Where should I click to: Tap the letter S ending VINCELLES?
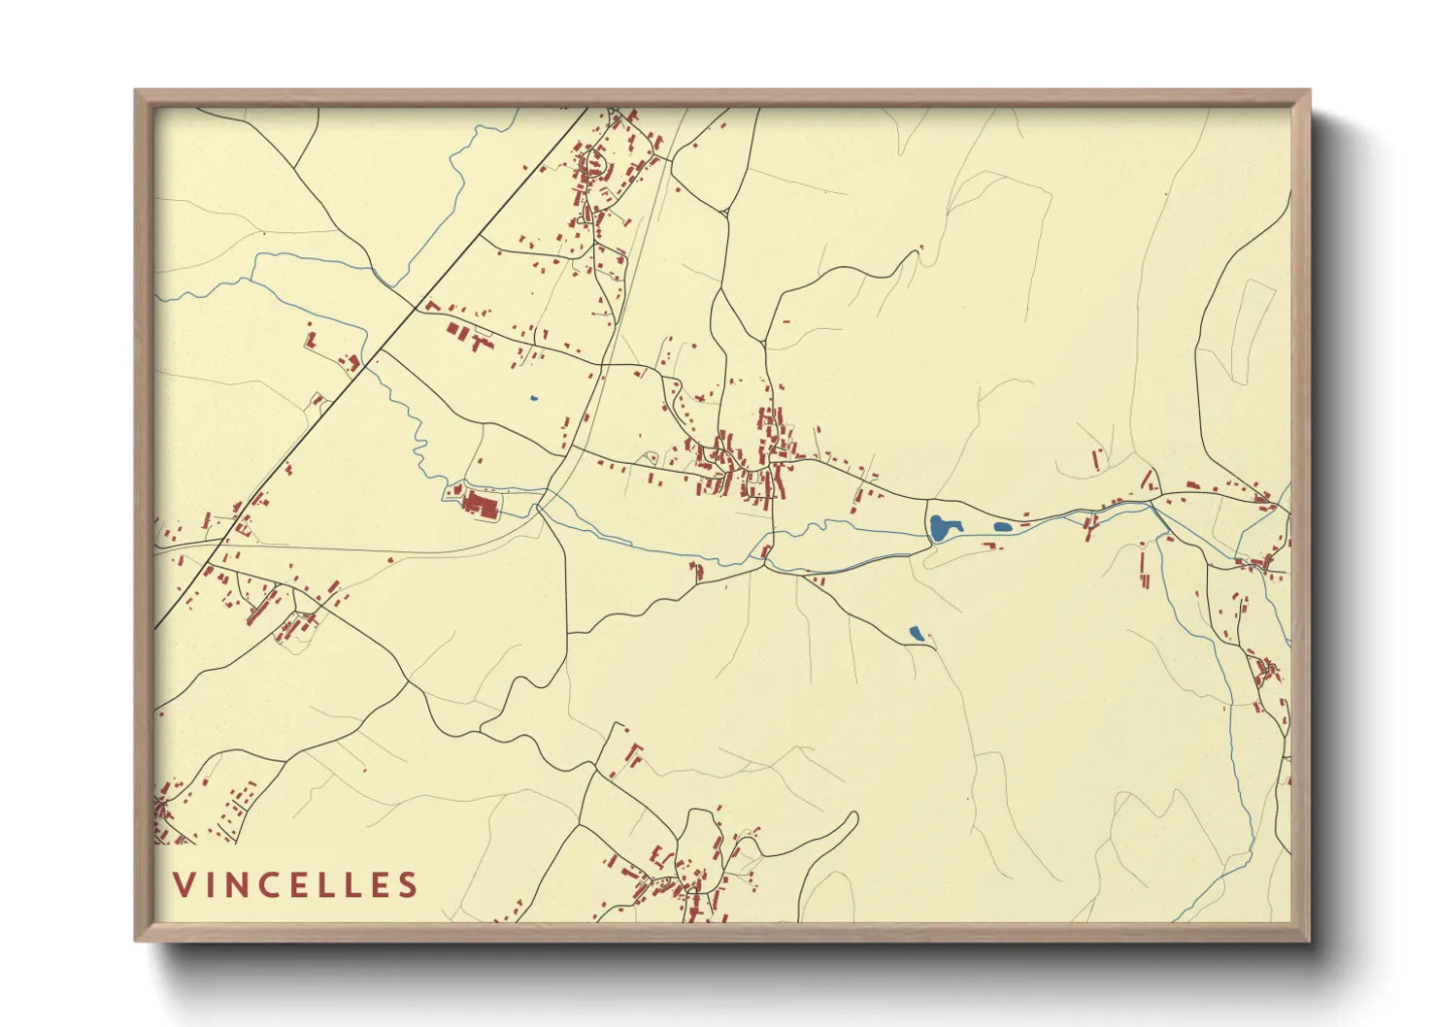click(408, 884)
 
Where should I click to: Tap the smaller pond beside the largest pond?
click(1002, 528)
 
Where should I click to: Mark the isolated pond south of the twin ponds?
click(916, 634)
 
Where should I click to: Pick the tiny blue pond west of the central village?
click(533, 397)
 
